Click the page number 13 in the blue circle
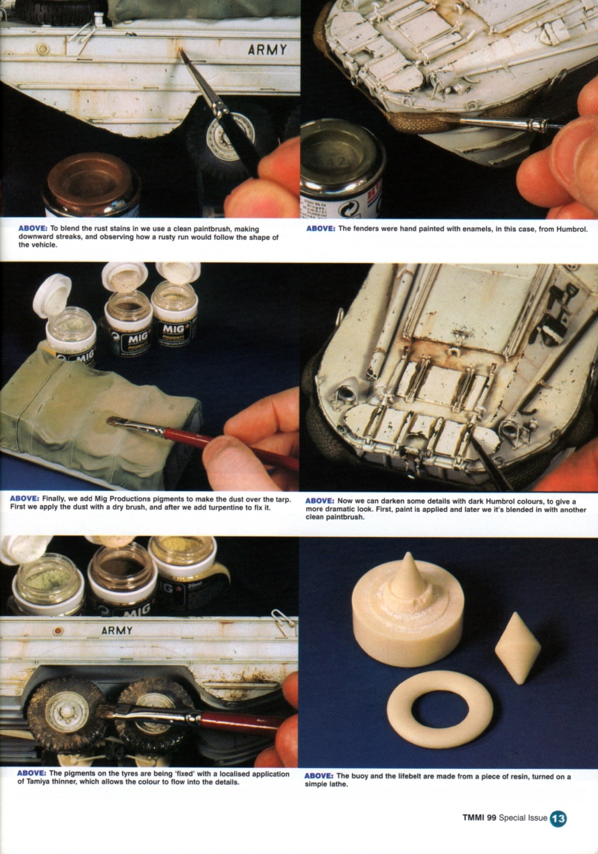point(558,818)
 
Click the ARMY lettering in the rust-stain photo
point(267,50)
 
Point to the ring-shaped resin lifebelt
point(439,709)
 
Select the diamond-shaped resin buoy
point(517,647)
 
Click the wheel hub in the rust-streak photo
point(220,138)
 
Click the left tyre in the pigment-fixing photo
point(67,713)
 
